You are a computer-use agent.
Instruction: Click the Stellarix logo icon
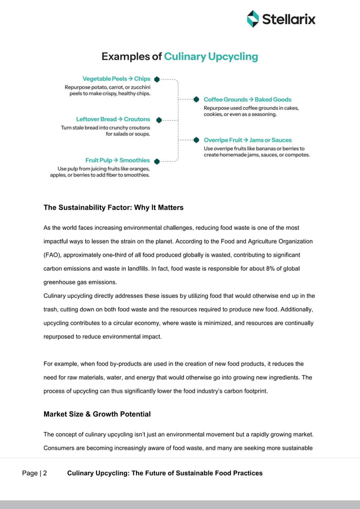[253, 19]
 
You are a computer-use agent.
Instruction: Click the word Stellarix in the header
[288, 20]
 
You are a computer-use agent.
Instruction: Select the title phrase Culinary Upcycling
[210, 56]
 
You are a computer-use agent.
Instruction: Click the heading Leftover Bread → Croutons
[113, 120]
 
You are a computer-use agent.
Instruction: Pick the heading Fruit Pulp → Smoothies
[117, 160]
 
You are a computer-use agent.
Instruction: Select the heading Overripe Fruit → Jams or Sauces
[248, 140]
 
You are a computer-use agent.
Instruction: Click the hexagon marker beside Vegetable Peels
[156, 79]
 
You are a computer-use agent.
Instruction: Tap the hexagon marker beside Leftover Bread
[159, 120]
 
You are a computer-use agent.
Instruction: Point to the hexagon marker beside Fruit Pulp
[156, 161]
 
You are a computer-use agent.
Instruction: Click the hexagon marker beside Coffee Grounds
[196, 99]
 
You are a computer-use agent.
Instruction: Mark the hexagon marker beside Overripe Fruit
[196, 140]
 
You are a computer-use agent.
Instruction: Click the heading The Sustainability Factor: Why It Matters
[113, 208]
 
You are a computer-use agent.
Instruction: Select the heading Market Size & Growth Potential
[97, 414]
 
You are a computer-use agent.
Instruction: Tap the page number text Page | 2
[34, 473]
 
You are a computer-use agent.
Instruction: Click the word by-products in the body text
[114, 364]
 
